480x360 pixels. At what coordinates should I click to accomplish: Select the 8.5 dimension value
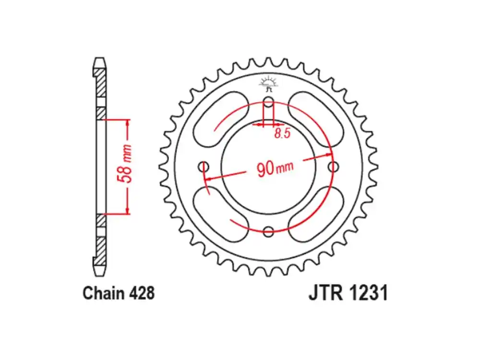tap(282, 133)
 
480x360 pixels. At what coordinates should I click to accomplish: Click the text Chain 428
tap(119, 293)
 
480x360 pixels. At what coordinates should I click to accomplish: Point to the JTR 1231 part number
tap(348, 293)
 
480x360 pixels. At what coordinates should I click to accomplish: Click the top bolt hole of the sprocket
tap(269, 102)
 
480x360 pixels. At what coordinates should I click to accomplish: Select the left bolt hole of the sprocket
tap(204, 167)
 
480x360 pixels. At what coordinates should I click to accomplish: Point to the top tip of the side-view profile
tap(99, 60)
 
